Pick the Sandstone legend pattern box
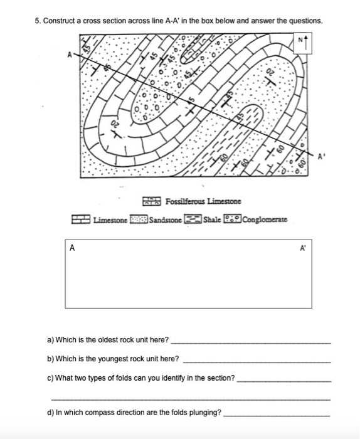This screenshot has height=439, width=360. [140, 220]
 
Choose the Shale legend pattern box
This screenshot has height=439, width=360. [193, 220]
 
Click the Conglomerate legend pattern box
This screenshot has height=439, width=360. [233, 220]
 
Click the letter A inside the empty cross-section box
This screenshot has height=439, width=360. [72, 247]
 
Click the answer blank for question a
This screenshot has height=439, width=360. [250, 342]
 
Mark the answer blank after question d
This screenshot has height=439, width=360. [277, 415]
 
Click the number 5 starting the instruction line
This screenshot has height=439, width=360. [38, 21]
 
